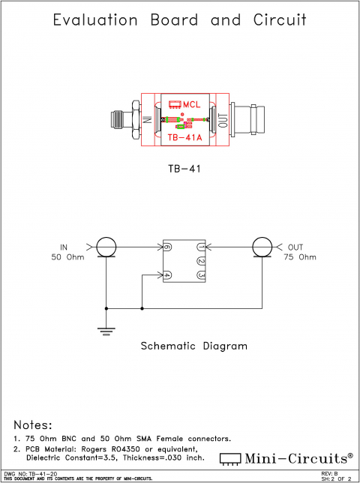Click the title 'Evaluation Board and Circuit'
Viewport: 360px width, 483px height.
coord(180,20)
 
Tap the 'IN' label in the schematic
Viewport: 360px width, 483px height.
coord(64,247)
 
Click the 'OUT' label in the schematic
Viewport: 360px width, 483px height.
coord(295,247)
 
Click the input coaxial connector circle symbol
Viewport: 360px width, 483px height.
coord(106,247)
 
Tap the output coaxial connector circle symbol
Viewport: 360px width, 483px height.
coord(261,247)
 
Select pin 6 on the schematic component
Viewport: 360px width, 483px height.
coord(169,247)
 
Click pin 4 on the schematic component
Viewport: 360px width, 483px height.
coord(169,275)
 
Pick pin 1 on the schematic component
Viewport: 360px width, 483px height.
coord(200,247)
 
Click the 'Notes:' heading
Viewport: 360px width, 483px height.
coord(33,424)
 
